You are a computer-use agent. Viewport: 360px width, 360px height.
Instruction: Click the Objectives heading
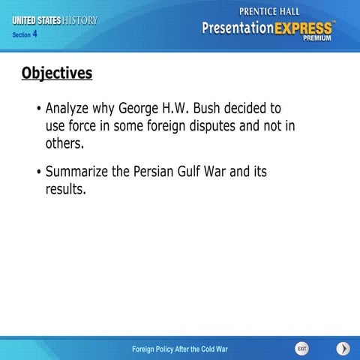click(57, 73)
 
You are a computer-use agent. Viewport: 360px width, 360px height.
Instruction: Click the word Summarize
click(77, 172)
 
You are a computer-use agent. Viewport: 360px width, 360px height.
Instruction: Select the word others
click(64, 142)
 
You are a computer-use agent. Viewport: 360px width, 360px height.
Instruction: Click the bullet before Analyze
click(38, 109)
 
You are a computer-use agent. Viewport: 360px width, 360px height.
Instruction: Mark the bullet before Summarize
click(38, 172)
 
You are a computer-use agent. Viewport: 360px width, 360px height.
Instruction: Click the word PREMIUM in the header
click(317, 38)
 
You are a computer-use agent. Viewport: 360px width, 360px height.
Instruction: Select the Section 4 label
click(25, 34)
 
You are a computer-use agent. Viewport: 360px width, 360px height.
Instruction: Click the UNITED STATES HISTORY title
click(55, 20)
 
